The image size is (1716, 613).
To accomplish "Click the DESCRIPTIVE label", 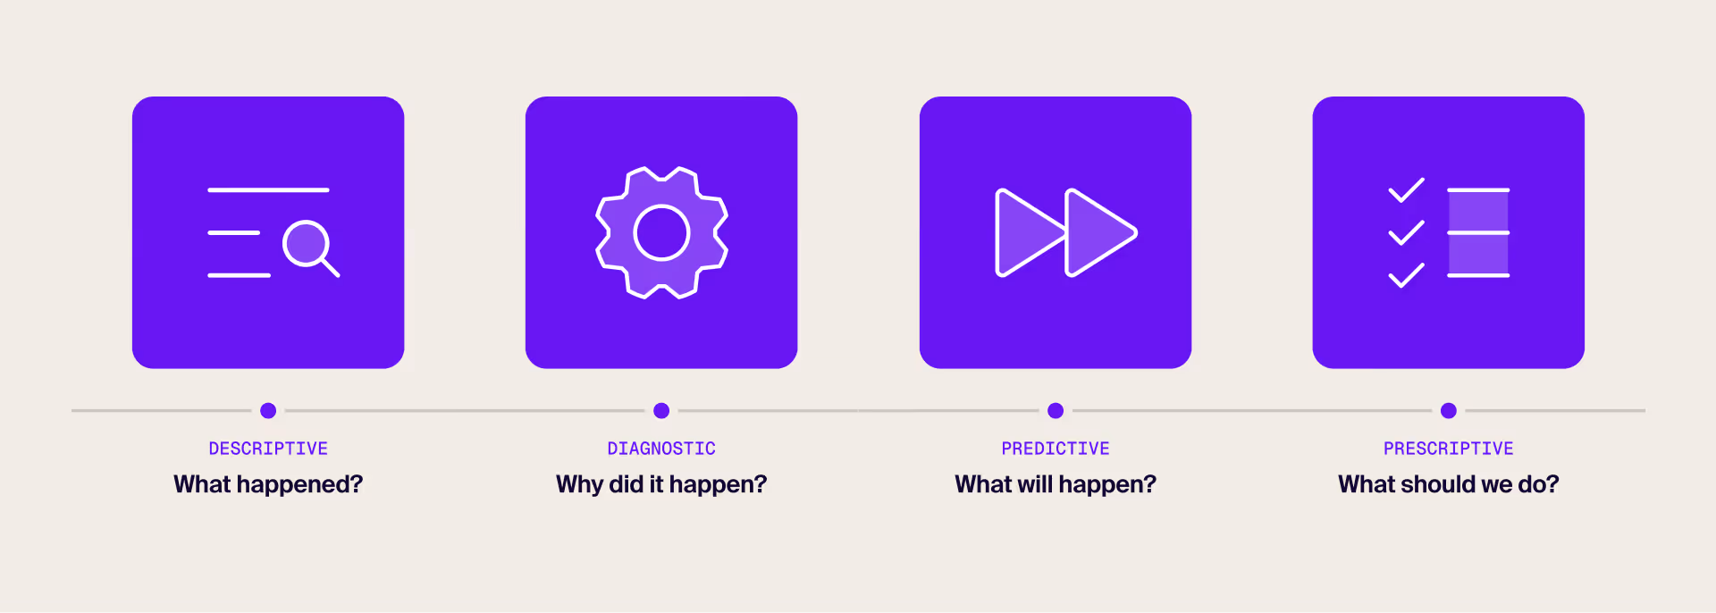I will (268, 449).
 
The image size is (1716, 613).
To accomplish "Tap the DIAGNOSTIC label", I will (661, 449).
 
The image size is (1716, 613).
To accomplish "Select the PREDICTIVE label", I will (1056, 449).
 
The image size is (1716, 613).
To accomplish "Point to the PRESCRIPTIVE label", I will (1449, 449).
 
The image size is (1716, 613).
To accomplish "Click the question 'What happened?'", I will (268, 484).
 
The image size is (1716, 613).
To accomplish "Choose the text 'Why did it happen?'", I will (661, 484).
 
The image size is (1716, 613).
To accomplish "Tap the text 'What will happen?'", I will (1056, 484).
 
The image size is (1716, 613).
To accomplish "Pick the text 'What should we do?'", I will (1449, 484).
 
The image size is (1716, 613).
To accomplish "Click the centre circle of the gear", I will (661, 233).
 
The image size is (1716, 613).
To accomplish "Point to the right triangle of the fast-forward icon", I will (1098, 233).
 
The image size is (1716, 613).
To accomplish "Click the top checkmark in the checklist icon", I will (1406, 190).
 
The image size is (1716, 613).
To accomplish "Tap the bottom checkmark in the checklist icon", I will (1406, 275).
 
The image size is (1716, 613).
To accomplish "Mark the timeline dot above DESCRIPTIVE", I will (268, 411).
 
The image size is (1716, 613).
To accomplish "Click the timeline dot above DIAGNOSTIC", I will (661, 411).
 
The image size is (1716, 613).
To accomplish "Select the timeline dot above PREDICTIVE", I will (1056, 411).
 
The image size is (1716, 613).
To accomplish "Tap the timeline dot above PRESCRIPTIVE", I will (1449, 411).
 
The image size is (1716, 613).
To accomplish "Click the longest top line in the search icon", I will (268, 190).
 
